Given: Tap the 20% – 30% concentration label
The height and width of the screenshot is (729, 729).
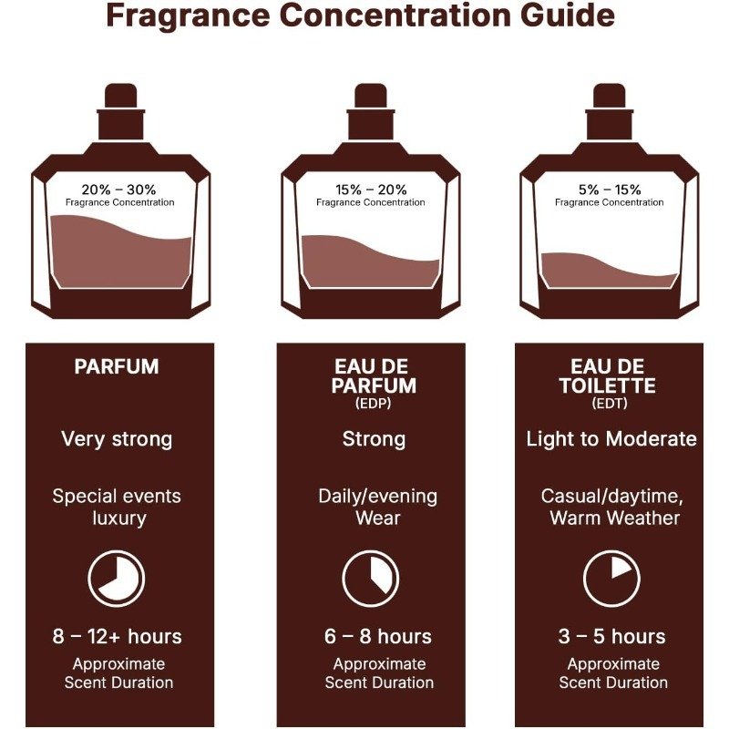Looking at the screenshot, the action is (x=118, y=190).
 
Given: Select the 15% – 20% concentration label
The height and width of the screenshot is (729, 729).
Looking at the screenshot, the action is (x=371, y=190).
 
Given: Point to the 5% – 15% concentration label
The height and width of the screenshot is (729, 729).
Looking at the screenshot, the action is (x=610, y=190).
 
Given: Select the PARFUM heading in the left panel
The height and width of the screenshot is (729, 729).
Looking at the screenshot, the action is (x=117, y=367).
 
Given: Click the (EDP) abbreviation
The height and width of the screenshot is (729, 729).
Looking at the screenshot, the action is (x=374, y=403).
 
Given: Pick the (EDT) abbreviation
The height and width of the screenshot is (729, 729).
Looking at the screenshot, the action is (x=610, y=403).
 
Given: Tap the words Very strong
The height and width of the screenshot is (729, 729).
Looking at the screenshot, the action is (x=117, y=440).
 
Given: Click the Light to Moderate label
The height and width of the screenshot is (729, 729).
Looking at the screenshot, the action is (x=611, y=439).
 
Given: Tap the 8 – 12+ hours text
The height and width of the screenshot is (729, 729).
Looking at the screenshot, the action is (x=118, y=636).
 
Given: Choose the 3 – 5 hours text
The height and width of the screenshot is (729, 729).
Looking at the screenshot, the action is (x=611, y=636).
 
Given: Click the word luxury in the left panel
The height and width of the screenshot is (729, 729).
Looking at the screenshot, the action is (x=119, y=519).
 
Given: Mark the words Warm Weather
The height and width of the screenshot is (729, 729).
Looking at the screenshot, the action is (x=614, y=518).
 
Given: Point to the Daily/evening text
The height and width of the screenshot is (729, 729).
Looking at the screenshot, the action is (x=377, y=497).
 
